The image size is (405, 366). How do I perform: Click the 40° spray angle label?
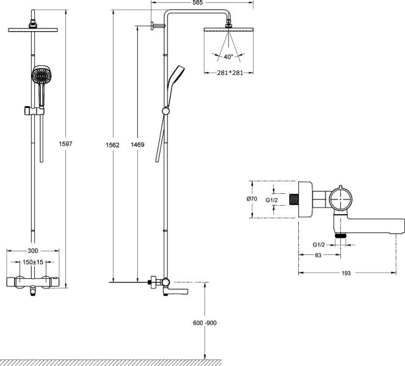click(229, 57)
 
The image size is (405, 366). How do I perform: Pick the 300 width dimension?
click(34, 251)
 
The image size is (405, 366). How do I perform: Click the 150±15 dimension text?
click(34, 262)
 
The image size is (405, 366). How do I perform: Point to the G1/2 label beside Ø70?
click(273, 199)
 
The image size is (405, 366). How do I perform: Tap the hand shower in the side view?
click(177, 76)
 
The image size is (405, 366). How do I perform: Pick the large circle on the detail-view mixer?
click(340, 198)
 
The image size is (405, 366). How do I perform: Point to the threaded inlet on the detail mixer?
click(296, 199)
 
